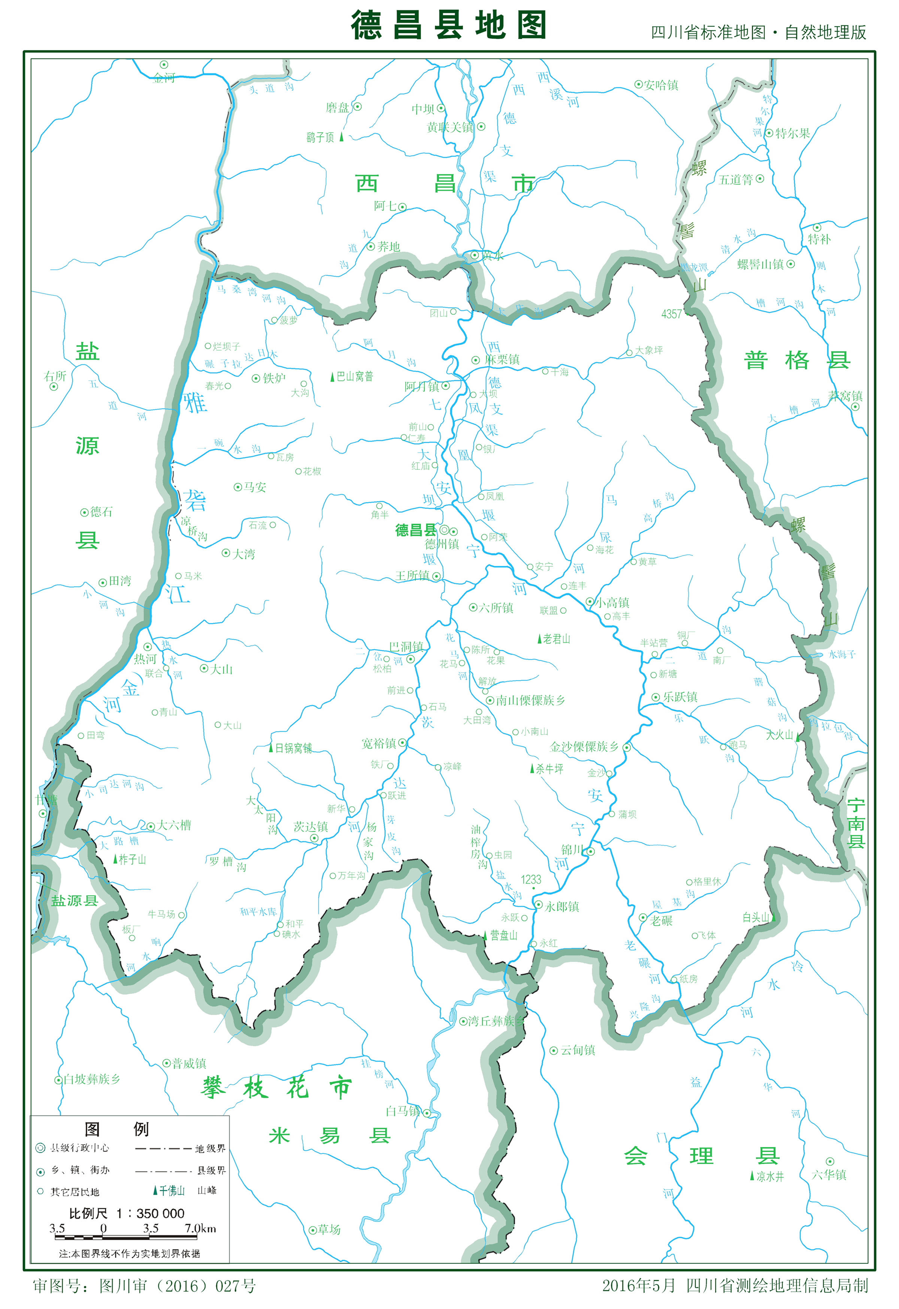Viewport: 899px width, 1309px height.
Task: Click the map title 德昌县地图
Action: click(449, 25)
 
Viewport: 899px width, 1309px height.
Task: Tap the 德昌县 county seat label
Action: click(416, 530)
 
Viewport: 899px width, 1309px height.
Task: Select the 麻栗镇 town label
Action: click(502, 359)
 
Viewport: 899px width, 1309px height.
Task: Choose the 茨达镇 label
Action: click(311, 826)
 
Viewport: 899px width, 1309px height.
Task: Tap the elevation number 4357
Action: click(671, 314)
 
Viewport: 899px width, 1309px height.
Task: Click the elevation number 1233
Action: click(531, 879)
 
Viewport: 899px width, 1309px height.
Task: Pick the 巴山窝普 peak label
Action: click(354, 376)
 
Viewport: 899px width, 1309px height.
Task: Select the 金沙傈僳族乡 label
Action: click(584, 747)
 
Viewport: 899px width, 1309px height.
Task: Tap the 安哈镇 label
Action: click(661, 85)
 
